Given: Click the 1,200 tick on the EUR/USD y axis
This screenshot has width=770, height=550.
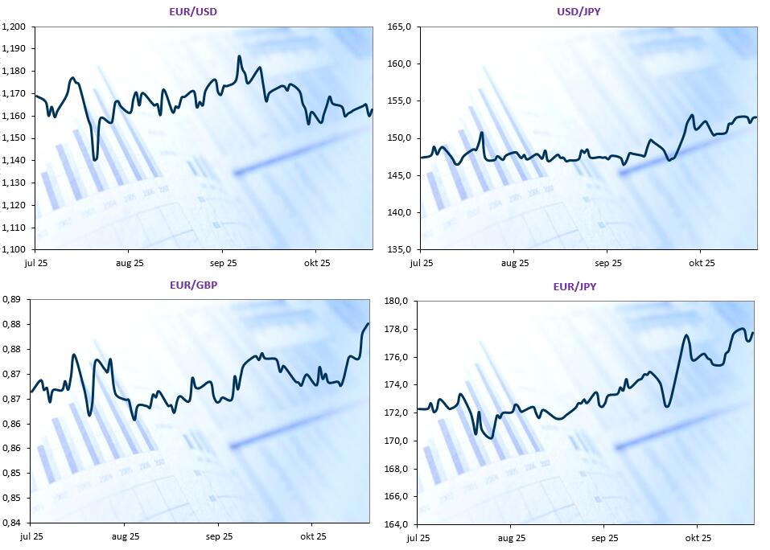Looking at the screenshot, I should [x=14, y=27].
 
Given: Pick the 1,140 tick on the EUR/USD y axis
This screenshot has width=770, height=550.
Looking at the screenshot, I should [x=14, y=160].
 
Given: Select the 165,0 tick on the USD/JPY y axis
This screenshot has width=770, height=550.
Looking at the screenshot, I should [x=400, y=27].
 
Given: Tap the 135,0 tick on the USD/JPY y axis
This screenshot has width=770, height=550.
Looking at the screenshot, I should [x=400, y=249].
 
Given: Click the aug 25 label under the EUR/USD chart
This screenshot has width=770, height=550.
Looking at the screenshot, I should [x=130, y=263].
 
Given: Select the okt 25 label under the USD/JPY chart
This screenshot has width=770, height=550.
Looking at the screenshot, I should [x=701, y=263].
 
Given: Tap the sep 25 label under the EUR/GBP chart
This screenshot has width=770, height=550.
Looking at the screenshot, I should [x=219, y=536].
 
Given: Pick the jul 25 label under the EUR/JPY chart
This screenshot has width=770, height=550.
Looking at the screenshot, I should [x=418, y=538].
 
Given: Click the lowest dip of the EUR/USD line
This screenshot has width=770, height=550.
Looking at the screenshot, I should [x=96, y=159].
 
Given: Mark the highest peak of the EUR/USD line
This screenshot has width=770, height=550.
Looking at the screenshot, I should [x=239, y=56].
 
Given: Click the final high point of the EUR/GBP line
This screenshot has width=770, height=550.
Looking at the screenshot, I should [x=368, y=324].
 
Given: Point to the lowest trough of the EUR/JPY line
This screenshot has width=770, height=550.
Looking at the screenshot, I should [x=492, y=438].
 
